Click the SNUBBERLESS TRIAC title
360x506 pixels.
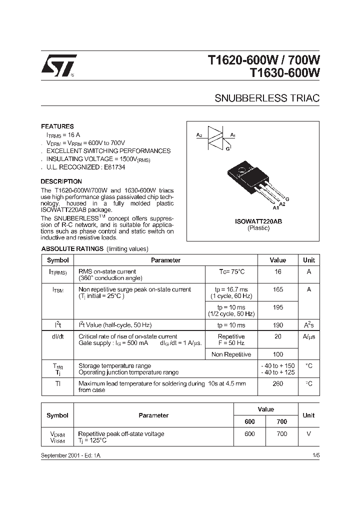(x=267, y=98)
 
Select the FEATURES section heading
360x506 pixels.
(x=57, y=126)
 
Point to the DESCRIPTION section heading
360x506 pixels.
(x=61, y=181)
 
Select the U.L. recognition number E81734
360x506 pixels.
(x=114, y=167)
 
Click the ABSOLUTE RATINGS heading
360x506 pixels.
(x=72, y=248)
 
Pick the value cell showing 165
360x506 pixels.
(x=278, y=289)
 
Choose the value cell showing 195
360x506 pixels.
(x=278, y=307)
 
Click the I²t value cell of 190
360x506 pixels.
(x=278, y=325)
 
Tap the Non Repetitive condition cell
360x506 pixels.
(x=231, y=354)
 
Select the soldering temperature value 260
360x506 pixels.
(x=278, y=383)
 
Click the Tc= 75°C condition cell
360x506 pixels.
(x=231, y=271)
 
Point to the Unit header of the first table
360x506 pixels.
(x=309, y=260)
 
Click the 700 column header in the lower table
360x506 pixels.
(x=282, y=421)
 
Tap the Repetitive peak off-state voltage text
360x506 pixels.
(x=121, y=434)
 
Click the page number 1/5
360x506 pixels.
(x=315, y=456)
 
